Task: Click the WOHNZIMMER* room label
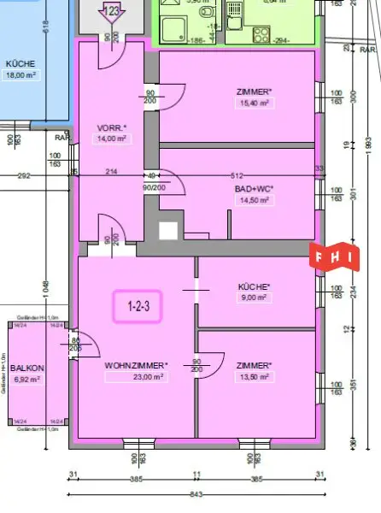[x=136, y=365]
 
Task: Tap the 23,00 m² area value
[x=136, y=377]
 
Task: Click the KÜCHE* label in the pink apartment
[x=254, y=286]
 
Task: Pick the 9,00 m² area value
[x=254, y=298]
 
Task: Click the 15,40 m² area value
[x=254, y=103]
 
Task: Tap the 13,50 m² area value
[x=254, y=377]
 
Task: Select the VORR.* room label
[x=111, y=127]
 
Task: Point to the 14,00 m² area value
[x=111, y=139]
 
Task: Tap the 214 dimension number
[x=111, y=172]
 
